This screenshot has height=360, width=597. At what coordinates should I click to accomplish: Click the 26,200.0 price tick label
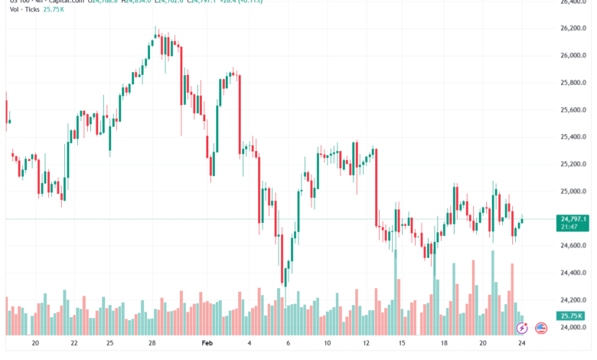click(x=574, y=28)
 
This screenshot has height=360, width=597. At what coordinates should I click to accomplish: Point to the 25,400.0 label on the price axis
click(x=574, y=137)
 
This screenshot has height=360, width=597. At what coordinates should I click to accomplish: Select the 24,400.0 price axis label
click(x=574, y=273)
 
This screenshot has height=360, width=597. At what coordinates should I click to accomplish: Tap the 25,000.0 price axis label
click(x=574, y=191)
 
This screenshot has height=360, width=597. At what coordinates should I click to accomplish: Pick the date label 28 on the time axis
click(x=152, y=345)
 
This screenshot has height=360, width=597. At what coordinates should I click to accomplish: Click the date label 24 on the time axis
click(x=522, y=345)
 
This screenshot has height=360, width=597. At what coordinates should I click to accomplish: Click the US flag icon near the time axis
click(x=542, y=328)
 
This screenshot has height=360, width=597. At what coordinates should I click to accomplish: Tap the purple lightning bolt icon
click(x=523, y=328)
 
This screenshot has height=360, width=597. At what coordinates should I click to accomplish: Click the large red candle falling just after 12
click(x=376, y=188)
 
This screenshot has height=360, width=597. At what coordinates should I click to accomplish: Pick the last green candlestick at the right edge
click(x=521, y=221)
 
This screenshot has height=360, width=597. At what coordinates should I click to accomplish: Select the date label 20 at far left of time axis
click(x=35, y=345)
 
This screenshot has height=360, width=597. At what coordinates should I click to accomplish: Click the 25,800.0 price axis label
click(x=574, y=83)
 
